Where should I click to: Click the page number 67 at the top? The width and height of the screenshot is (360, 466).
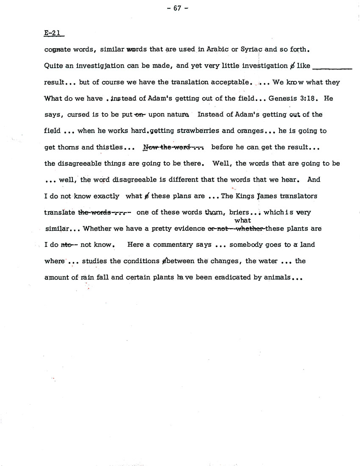180,8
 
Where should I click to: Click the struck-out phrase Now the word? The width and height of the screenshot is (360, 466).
174,147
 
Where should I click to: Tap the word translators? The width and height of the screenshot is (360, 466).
302,196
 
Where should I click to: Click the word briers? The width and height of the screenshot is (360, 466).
239,212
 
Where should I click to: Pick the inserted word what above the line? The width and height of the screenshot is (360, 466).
242,220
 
